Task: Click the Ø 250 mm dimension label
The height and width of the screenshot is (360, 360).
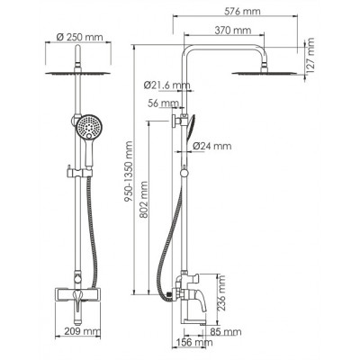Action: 79,37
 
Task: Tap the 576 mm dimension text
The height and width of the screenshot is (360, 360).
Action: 242,12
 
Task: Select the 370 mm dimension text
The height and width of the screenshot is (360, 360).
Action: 233,31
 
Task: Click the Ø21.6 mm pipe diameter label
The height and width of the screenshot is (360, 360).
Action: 166,85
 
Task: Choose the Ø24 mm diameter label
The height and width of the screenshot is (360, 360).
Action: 212,146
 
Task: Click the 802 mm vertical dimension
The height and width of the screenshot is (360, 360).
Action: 143,200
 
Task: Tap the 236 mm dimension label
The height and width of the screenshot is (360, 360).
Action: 221,293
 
